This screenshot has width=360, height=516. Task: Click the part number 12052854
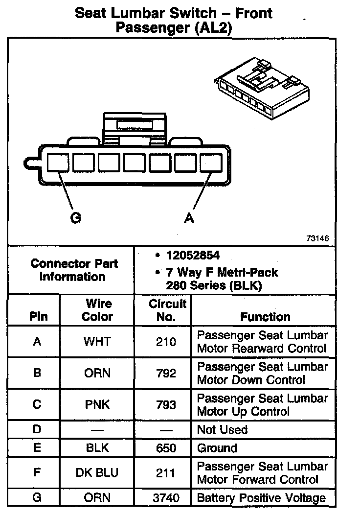[x=193, y=255]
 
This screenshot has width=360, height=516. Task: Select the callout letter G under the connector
[x=76, y=218]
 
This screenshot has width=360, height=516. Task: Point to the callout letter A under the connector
[x=189, y=218]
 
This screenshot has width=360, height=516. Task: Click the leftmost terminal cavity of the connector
[x=59, y=162]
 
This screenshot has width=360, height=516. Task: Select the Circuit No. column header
[x=167, y=310]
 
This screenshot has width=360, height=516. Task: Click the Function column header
[x=265, y=317]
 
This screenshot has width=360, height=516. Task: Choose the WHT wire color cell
[x=97, y=342]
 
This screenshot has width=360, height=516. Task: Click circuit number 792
[x=166, y=373]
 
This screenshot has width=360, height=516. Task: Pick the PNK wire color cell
[x=97, y=404]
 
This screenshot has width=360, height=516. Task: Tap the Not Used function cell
[x=222, y=430]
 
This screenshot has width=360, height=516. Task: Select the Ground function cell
[x=217, y=448]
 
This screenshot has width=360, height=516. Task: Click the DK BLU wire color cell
[x=97, y=473]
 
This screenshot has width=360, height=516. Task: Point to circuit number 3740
[x=166, y=498]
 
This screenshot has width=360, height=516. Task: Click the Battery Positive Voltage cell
[x=261, y=498]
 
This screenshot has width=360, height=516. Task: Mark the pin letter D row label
[x=37, y=430]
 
